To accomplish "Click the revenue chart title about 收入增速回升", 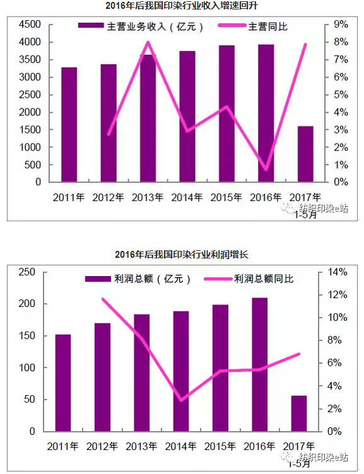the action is click(x=182, y=6).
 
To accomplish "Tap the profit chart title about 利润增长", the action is click(x=182, y=255).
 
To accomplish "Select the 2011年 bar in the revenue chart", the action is click(x=69, y=125).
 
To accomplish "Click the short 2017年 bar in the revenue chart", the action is click(x=305, y=154).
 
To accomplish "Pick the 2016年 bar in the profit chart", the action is click(x=260, y=364).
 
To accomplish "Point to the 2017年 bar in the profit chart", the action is click(x=299, y=413).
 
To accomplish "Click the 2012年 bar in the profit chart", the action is click(x=102, y=377).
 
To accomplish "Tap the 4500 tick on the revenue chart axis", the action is click(x=30, y=25).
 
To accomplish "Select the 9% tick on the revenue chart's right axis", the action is click(x=341, y=25).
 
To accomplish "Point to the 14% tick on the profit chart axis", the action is click(x=338, y=272).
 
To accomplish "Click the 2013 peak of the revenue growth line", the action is click(x=148, y=42).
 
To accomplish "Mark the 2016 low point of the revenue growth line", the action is click(x=266, y=170).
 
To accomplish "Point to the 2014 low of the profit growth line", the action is click(x=181, y=400).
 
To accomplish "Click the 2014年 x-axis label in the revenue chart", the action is click(x=187, y=197).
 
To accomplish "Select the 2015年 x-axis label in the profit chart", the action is click(x=220, y=446).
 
